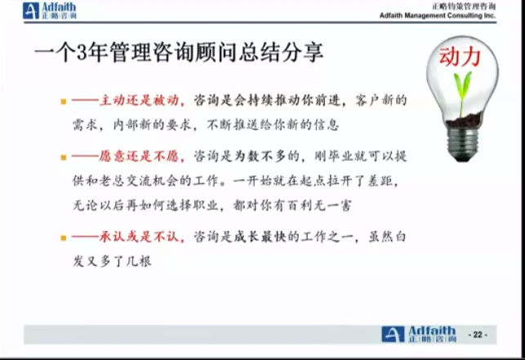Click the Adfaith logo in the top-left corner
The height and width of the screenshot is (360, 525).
[x=50, y=11]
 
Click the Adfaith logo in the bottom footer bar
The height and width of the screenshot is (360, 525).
[x=419, y=334]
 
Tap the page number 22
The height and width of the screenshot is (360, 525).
[x=478, y=335]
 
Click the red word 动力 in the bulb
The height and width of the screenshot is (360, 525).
[x=460, y=57]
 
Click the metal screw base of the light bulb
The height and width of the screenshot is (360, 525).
[x=463, y=142]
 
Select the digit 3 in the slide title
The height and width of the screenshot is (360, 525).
[x=82, y=53]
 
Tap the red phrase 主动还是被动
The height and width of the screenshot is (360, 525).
[x=139, y=100]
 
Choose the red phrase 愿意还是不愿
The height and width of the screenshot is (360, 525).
[x=139, y=156]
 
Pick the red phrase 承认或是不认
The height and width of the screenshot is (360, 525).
[x=139, y=237]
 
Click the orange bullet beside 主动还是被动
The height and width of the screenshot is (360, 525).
[x=64, y=101]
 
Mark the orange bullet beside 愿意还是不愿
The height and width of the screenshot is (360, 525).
[x=64, y=157]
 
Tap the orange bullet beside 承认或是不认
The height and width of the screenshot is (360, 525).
[x=64, y=238]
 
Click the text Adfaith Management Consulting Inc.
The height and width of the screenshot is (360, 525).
[x=438, y=16]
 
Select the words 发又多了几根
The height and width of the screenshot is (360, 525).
[x=112, y=261]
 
